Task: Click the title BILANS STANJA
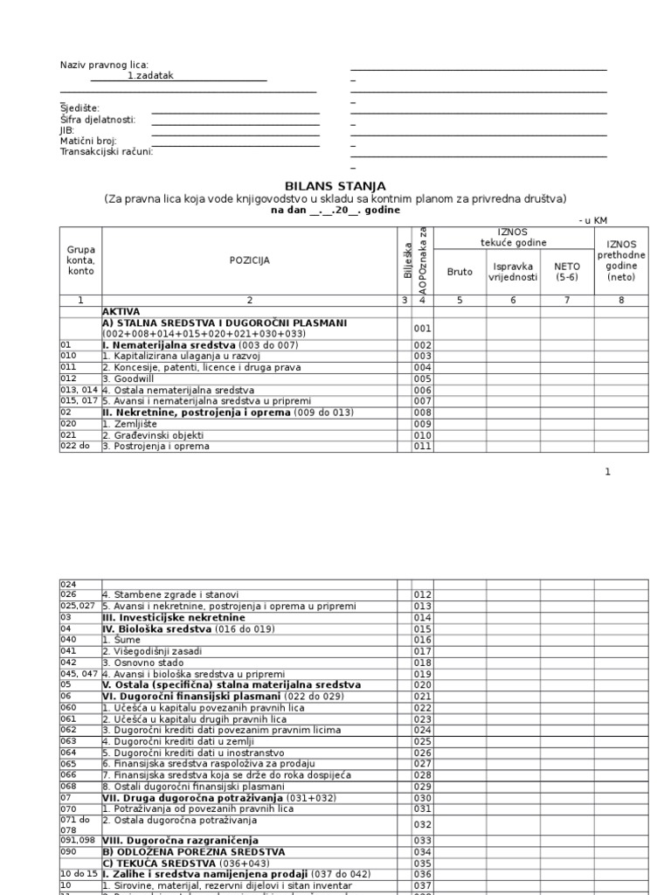[x=335, y=186]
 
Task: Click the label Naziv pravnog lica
[x=104, y=66]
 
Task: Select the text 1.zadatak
[x=150, y=76]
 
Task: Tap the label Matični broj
[x=87, y=141]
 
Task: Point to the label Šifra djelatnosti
[x=97, y=119]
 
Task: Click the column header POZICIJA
[x=249, y=260]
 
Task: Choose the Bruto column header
[x=460, y=272]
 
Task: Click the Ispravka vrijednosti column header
[x=513, y=272]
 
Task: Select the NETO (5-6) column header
[x=567, y=272]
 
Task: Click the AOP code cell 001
[x=423, y=329]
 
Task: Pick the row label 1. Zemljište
[x=134, y=424]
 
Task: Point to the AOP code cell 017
[x=423, y=651]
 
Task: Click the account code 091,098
[x=78, y=840]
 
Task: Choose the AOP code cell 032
[x=423, y=823]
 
